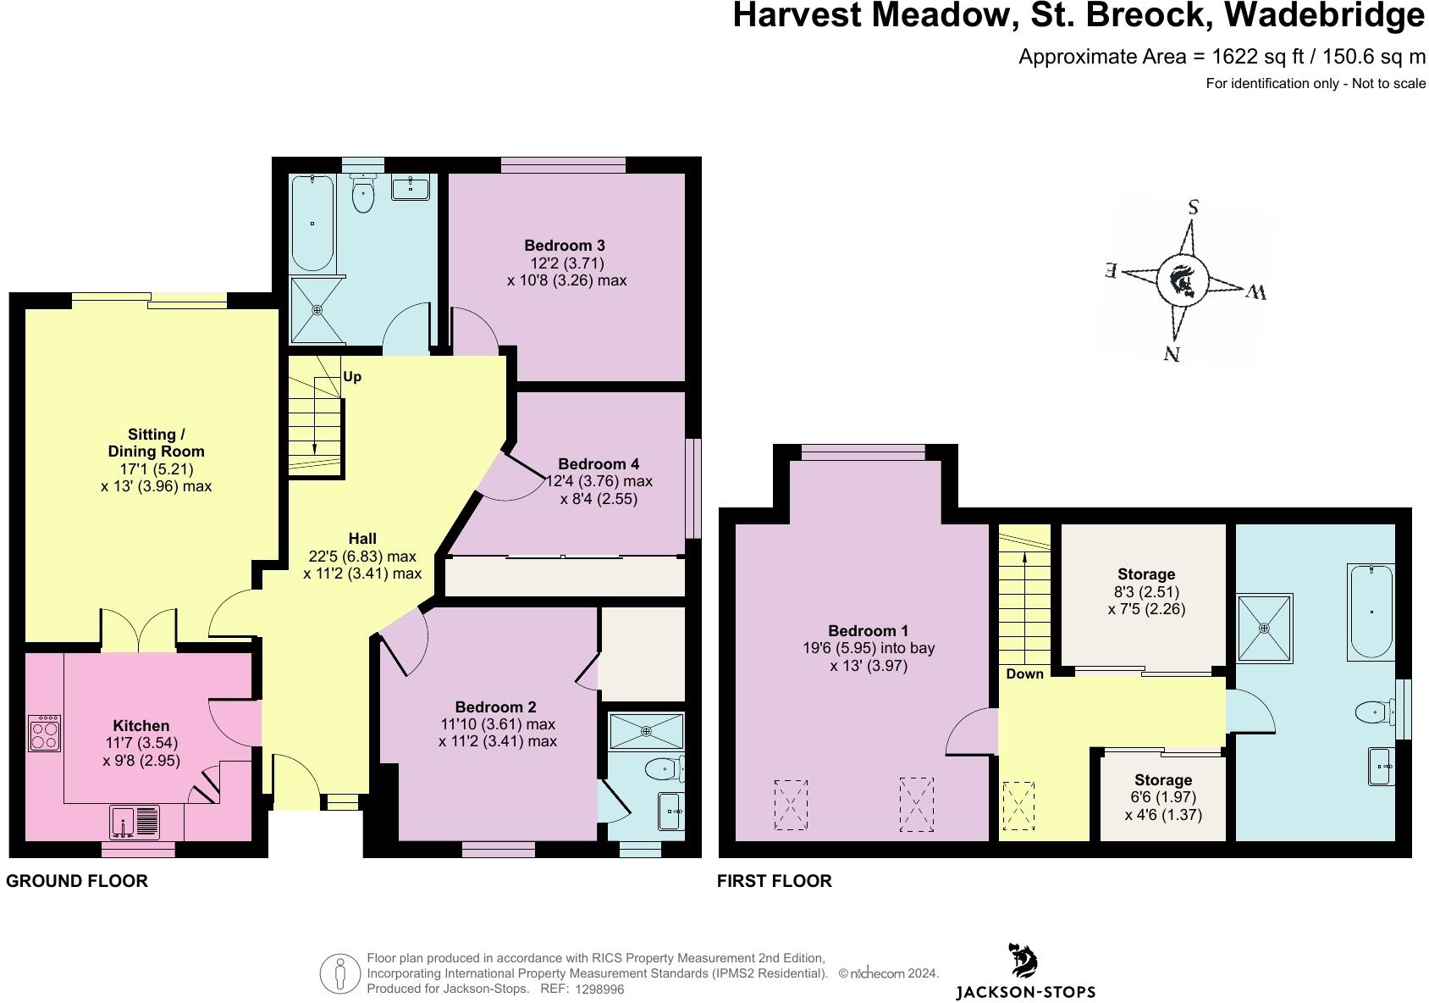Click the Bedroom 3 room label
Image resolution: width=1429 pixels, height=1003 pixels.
tap(564, 246)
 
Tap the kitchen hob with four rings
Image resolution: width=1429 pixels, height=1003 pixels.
tap(44, 733)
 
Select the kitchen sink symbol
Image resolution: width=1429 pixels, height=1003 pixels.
tap(135, 822)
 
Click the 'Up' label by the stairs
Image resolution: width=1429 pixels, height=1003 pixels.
tap(352, 376)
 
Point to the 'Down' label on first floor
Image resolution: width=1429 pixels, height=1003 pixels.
tap(1024, 674)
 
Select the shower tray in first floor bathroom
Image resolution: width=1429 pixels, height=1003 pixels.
tap(1264, 628)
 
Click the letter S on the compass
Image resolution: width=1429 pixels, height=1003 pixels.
tap(1193, 208)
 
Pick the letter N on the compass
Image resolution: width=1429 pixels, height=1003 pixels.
tap(1171, 353)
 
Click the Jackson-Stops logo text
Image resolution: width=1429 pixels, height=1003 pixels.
tap(1025, 992)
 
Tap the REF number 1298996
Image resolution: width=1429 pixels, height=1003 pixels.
tap(599, 989)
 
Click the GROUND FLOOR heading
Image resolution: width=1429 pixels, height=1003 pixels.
tap(77, 881)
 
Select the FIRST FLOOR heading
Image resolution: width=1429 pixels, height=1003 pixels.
tap(774, 881)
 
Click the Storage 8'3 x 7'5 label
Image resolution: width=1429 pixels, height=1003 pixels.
tap(1146, 574)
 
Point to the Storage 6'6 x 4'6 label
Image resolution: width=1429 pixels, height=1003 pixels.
tap(1162, 780)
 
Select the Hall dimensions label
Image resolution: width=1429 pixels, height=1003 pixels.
tap(362, 557)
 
